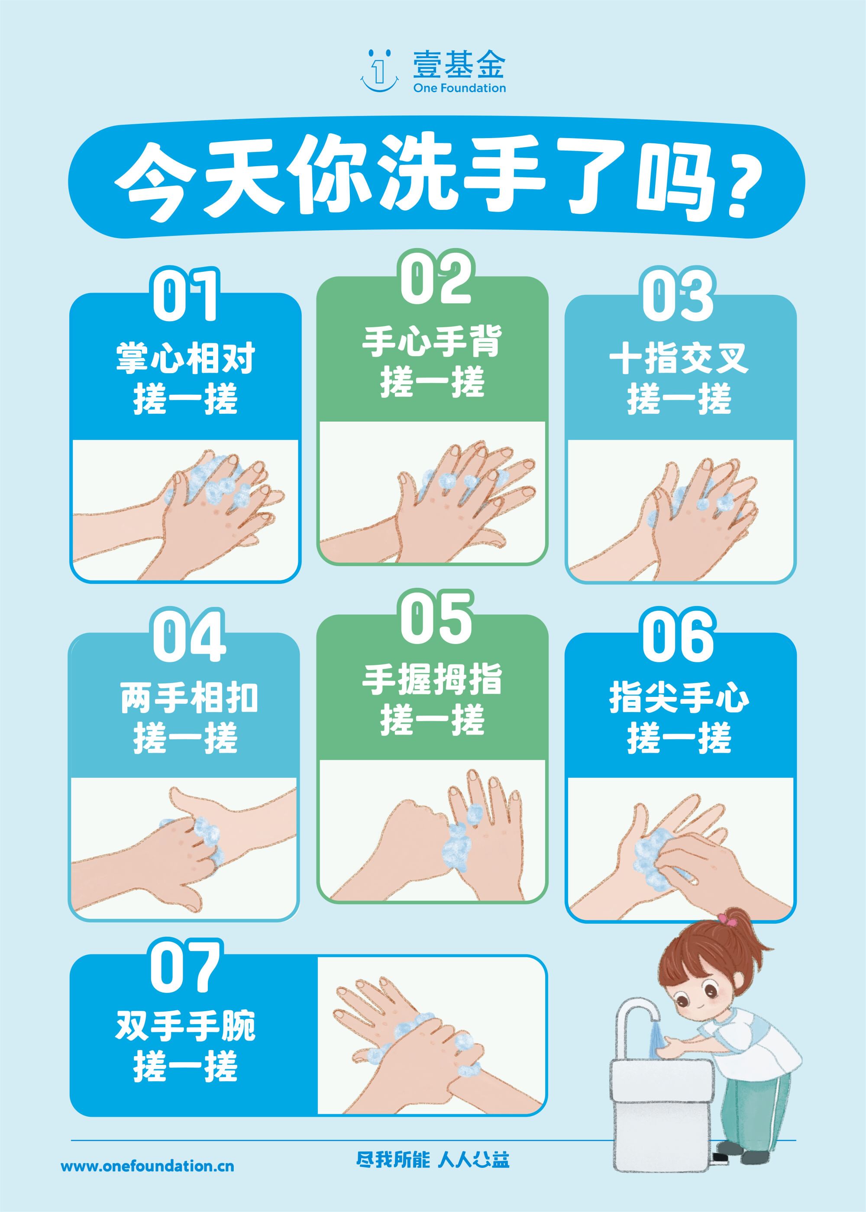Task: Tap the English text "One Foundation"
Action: point(459,88)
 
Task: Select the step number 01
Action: point(185,295)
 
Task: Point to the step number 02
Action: point(436,278)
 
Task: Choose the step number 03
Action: point(679,295)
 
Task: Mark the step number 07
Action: point(185,966)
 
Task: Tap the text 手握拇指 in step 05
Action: point(433,680)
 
